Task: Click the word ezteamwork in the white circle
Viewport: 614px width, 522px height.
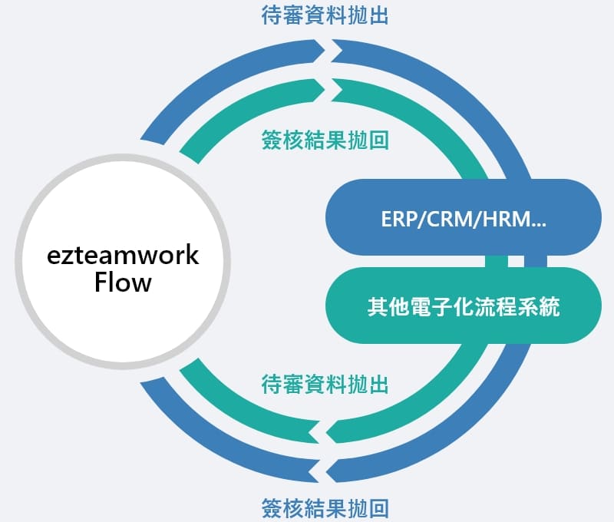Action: pos(123,256)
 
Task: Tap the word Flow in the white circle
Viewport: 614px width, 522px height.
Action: pos(123,282)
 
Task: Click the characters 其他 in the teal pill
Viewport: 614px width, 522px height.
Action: pos(388,306)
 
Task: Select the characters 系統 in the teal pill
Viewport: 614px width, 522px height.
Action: pos(539,306)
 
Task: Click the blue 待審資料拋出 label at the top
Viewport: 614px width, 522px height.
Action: pos(325,16)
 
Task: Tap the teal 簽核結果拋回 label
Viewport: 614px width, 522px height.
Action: pos(325,140)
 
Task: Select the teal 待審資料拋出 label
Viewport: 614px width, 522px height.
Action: pos(325,384)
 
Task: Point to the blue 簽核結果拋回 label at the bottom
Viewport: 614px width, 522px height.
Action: pos(325,508)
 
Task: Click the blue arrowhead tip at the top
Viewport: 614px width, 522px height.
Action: pos(325,51)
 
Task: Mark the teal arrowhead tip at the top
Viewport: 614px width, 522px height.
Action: pos(325,90)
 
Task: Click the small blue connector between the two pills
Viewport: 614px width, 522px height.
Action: pos(535,261)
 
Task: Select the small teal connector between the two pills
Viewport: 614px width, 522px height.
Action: pos(496,261)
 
